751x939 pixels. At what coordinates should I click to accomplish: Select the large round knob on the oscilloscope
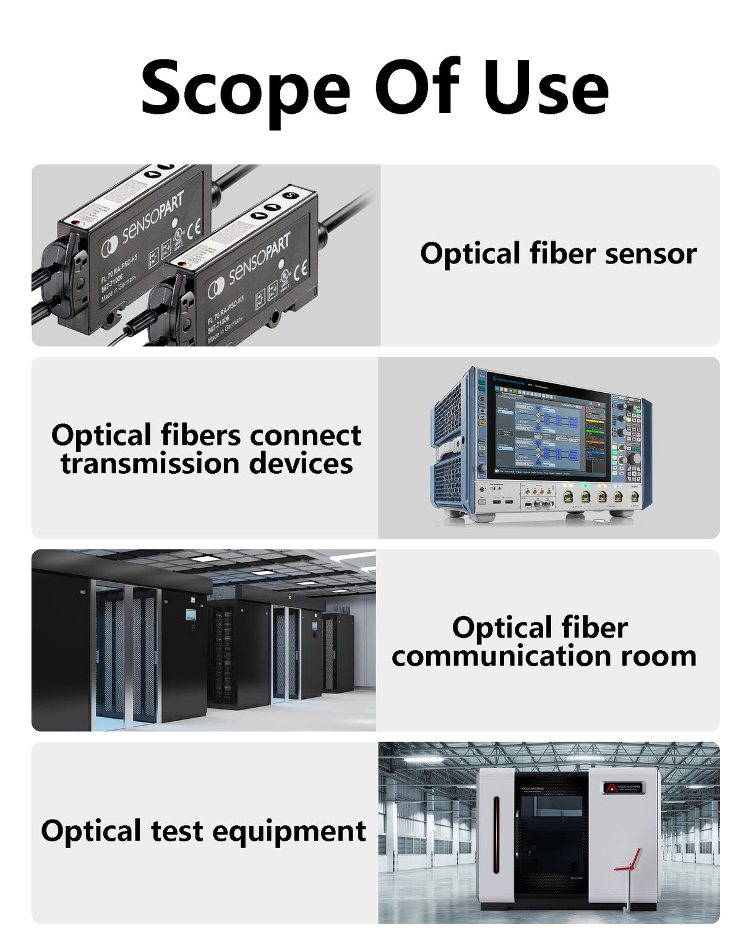click(x=635, y=458)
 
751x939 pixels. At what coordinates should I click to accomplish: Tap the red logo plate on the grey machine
click(x=623, y=787)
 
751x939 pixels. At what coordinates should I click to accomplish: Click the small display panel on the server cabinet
click(x=191, y=614)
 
